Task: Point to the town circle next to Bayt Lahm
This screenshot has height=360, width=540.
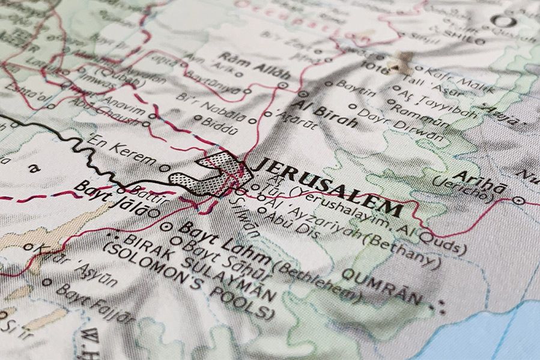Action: click(167, 227)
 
